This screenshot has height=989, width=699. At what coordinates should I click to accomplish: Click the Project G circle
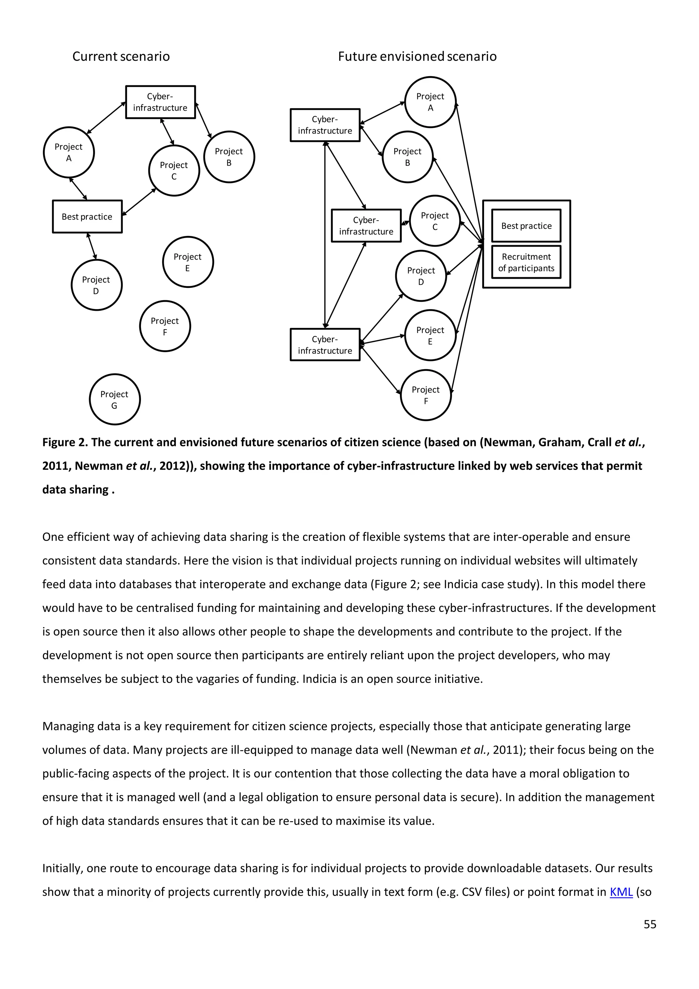point(114,399)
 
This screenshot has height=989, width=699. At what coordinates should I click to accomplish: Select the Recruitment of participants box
point(526,262)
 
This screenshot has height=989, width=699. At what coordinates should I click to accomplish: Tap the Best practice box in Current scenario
point(87,216)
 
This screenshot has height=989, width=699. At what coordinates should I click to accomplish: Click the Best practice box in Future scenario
point(526,225)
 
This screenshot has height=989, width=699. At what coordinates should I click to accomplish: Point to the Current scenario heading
point(121,56)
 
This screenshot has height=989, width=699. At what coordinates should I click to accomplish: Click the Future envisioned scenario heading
point(417,56)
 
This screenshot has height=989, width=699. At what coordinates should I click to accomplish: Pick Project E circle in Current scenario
point(188,262)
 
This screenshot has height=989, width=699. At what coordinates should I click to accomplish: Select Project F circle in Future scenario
point(426,395)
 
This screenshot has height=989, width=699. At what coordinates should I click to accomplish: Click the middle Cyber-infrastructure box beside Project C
point(366,226)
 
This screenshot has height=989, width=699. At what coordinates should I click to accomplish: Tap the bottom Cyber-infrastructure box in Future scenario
point(325,345)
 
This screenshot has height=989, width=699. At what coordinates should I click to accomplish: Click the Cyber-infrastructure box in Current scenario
point(160,102)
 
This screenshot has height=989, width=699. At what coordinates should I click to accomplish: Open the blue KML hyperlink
point(620,891)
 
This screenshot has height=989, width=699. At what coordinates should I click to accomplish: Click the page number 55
point(650,924)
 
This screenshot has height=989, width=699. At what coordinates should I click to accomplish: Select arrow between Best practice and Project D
point(92,246)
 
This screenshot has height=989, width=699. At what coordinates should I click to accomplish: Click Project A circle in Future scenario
point(430,102)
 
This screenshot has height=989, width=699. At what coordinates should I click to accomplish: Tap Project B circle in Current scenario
point(229,157)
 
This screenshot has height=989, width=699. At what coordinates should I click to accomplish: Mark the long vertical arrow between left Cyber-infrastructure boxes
point(325,235)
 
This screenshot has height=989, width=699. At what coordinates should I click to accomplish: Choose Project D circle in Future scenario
point(421,276)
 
